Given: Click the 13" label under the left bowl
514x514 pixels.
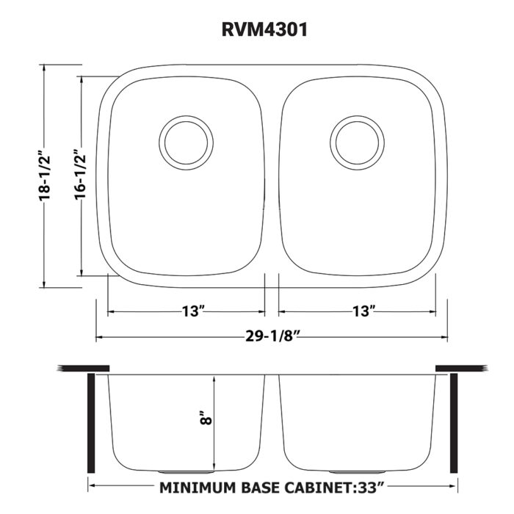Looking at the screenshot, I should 193,311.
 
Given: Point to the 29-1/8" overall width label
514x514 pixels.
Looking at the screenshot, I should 272,337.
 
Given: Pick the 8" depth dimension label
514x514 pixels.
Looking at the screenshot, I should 207,419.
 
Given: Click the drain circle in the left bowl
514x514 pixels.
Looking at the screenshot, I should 187,140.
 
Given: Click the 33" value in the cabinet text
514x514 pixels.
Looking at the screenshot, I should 371,487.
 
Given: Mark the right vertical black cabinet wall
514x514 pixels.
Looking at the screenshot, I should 454,423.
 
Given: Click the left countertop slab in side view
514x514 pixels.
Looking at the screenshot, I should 84,367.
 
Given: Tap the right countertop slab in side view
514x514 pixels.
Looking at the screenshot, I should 458,367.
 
